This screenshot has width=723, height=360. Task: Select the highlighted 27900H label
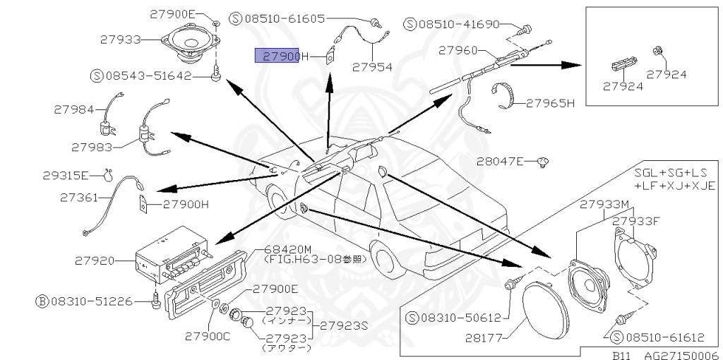pos(282,55)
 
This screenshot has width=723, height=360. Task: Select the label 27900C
pos(205,336)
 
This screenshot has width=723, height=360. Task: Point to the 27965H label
pos(551,103)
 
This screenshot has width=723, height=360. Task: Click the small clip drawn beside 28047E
pos(543,162)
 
